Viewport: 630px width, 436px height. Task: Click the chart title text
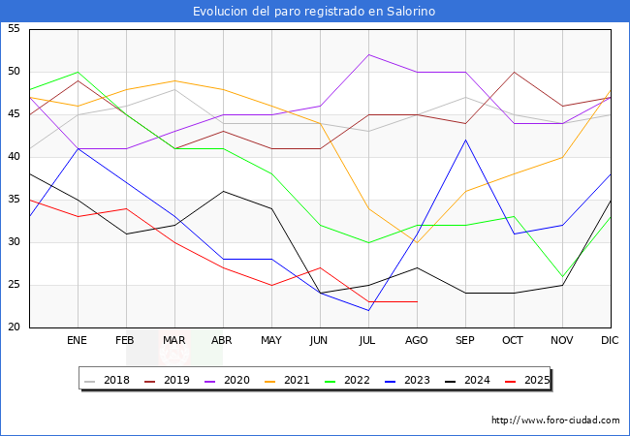click(x=314, y=12)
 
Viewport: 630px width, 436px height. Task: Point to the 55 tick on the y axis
click(x=14, y=29)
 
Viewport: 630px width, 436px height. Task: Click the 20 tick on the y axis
click(x=14, y=327)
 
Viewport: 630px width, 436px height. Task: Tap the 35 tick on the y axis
click(x=14, y=200)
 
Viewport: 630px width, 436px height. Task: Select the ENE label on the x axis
click(x=77, y=341)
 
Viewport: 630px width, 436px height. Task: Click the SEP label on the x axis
click(x=464, y=341)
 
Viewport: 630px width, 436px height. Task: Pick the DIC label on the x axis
click(x=611, y=341)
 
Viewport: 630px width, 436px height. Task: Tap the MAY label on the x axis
click(x=271, y=341)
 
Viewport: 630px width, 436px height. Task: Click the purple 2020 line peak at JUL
click(x=368, y=54)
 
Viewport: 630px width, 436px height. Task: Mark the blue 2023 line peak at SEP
click(x=465, y=140)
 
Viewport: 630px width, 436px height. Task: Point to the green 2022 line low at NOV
click(x=562, y=276)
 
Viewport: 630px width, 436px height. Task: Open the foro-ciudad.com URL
click(x=555, y=420)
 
